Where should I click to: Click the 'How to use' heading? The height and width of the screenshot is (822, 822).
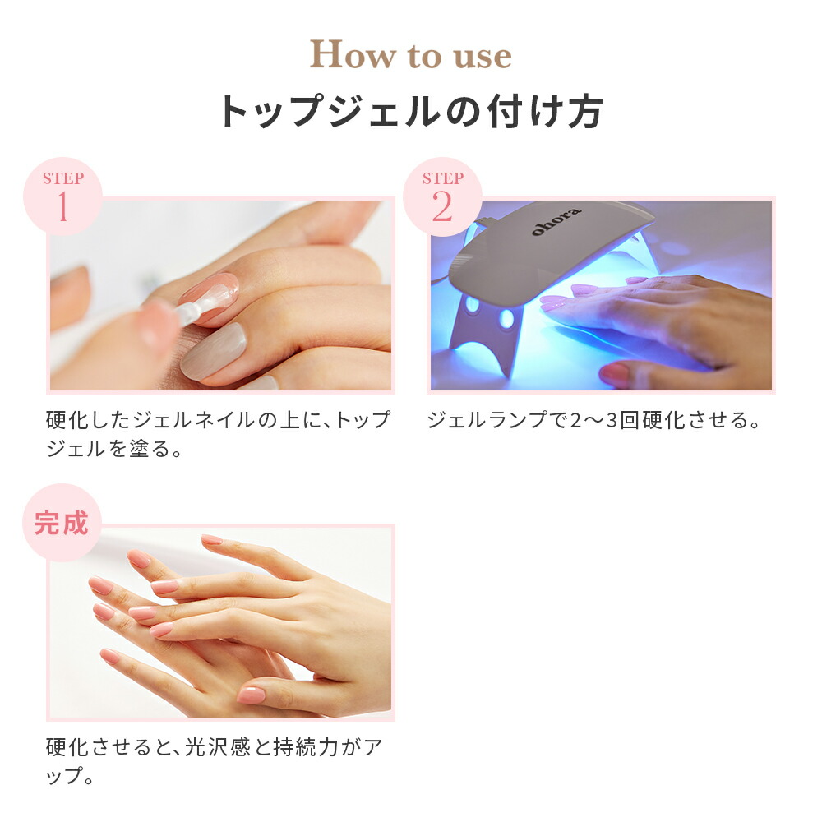coord(410,56)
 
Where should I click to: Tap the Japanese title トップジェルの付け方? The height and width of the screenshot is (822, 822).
coord(411,112)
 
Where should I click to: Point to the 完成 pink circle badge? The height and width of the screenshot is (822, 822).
coord(62,523)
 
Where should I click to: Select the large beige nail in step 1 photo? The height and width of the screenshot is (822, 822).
coord(215,349)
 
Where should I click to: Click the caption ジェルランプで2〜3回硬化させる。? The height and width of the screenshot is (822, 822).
coord(593,421)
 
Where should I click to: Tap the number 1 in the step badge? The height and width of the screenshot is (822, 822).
coord(62,209)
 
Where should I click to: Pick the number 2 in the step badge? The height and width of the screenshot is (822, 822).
coord(442,209)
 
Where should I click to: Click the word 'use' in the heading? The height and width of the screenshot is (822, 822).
coord(478,56)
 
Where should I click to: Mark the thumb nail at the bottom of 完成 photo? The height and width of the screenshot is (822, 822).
coord(251,695)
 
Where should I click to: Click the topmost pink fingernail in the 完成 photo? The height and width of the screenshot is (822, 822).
coord(211,540)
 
